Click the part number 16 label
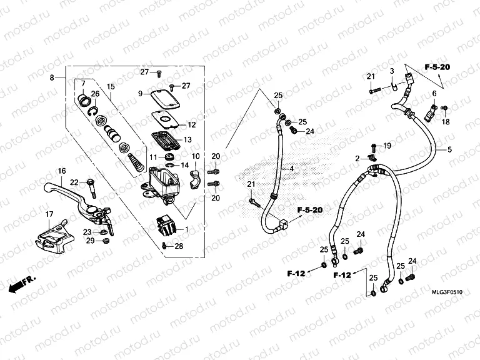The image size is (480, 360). click(62, 171)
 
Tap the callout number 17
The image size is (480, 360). click(49, 215)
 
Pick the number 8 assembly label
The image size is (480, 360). click(52, 78)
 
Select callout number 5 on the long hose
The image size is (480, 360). click(447, 150)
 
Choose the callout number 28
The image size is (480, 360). click(179, 247)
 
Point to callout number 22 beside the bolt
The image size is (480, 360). click(74, 182)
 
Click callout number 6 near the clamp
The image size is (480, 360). click(433, 94)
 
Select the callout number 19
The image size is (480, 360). click(387, 146)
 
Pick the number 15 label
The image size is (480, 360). click(110, 86)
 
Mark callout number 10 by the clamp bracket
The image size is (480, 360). click(195, 156)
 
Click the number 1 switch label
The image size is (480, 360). click(186, 229)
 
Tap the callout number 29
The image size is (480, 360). click(90, 241)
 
